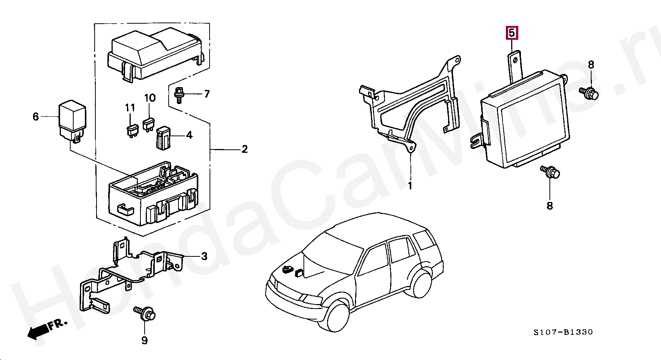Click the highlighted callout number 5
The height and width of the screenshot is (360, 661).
click(x=512, y=33)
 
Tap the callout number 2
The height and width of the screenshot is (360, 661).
click(x=244, y=149)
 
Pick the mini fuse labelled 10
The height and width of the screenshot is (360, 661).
click(x=149, y=125)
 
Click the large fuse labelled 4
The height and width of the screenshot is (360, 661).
click(x=164, y=138)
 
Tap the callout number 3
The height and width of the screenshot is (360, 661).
click(x=204, y=256)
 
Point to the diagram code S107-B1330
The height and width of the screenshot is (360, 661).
click(x=563, y=332)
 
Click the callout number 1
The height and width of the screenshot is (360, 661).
click(x=410, y=186)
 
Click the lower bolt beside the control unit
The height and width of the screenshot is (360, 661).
click(x=551, y=172)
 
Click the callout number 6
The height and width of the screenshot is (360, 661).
click(x=36, y=117)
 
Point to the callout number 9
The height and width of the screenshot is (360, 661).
click(x=145, y=340)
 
